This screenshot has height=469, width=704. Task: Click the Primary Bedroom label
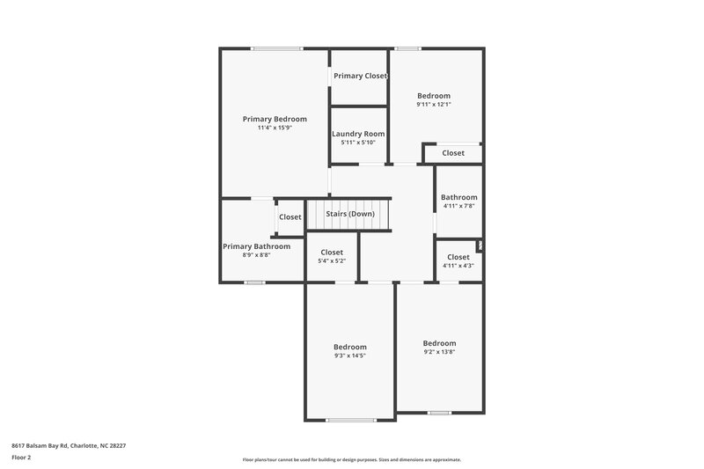pos(275,119)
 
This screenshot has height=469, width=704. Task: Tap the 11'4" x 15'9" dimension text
pos(275,128)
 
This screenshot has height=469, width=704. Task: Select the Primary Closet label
pos(360,77)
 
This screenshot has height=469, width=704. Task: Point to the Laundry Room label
pos(358,134)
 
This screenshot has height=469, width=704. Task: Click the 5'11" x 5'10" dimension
pos(358,143)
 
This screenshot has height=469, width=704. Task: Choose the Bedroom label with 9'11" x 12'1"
pos(434,96)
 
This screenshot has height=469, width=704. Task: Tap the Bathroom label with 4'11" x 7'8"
pos(459,197)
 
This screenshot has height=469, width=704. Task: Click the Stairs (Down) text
pos(350,214)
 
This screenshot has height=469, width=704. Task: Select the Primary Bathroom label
pos(256,246)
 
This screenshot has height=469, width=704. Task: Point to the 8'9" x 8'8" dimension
pos(256,255)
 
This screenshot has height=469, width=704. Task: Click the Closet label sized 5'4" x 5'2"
pos(332,253)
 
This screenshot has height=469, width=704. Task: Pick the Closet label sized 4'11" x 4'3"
pos(458,257)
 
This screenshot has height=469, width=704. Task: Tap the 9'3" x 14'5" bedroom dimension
pos(350,355)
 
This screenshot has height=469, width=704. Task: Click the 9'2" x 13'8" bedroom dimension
pos(439,352)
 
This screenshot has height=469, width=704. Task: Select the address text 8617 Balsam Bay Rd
pos(69,445)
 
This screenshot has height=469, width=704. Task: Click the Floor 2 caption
pos(21,458)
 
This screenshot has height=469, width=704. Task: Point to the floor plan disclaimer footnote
pos(351,459)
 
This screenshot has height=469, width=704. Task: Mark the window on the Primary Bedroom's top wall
pos(273,48)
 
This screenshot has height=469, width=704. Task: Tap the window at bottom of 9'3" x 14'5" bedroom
pos(351,420)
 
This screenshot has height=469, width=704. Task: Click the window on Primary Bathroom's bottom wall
pos(255,282)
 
